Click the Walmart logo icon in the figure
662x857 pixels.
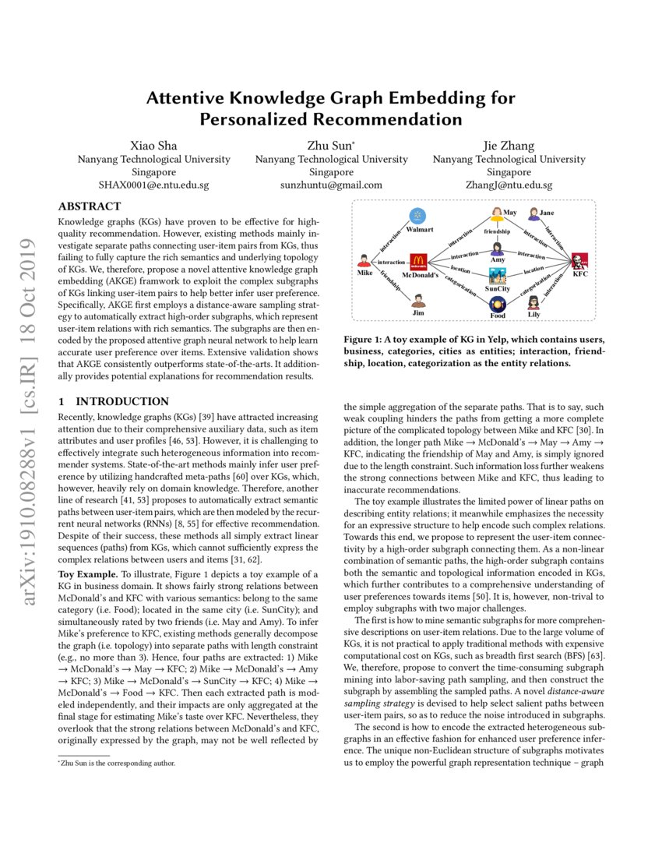[x=418, y=215]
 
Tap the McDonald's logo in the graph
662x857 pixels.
[x=418, y=262]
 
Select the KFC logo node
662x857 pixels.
[x=579, y=262]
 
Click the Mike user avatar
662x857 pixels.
[x=364, y=261]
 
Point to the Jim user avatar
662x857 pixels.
[x=418, y=301]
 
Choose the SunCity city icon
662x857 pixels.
[x=498, y=277]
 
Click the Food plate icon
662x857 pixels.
[x=498, y=305]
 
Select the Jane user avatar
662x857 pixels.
[x=533, y=213]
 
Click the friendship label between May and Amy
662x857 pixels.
[x=497, y=232]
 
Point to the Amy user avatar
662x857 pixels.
[x=497, y=249]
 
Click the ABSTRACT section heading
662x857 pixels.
[x=90, y=206]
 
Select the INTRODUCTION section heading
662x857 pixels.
[x=114, y=402]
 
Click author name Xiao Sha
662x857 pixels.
[x=153, y=146]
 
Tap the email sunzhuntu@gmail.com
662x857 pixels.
[x=331, y=185]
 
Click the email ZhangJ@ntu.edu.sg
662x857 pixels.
[x=509, y=185]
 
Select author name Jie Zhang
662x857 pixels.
[x=509, y=146]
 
